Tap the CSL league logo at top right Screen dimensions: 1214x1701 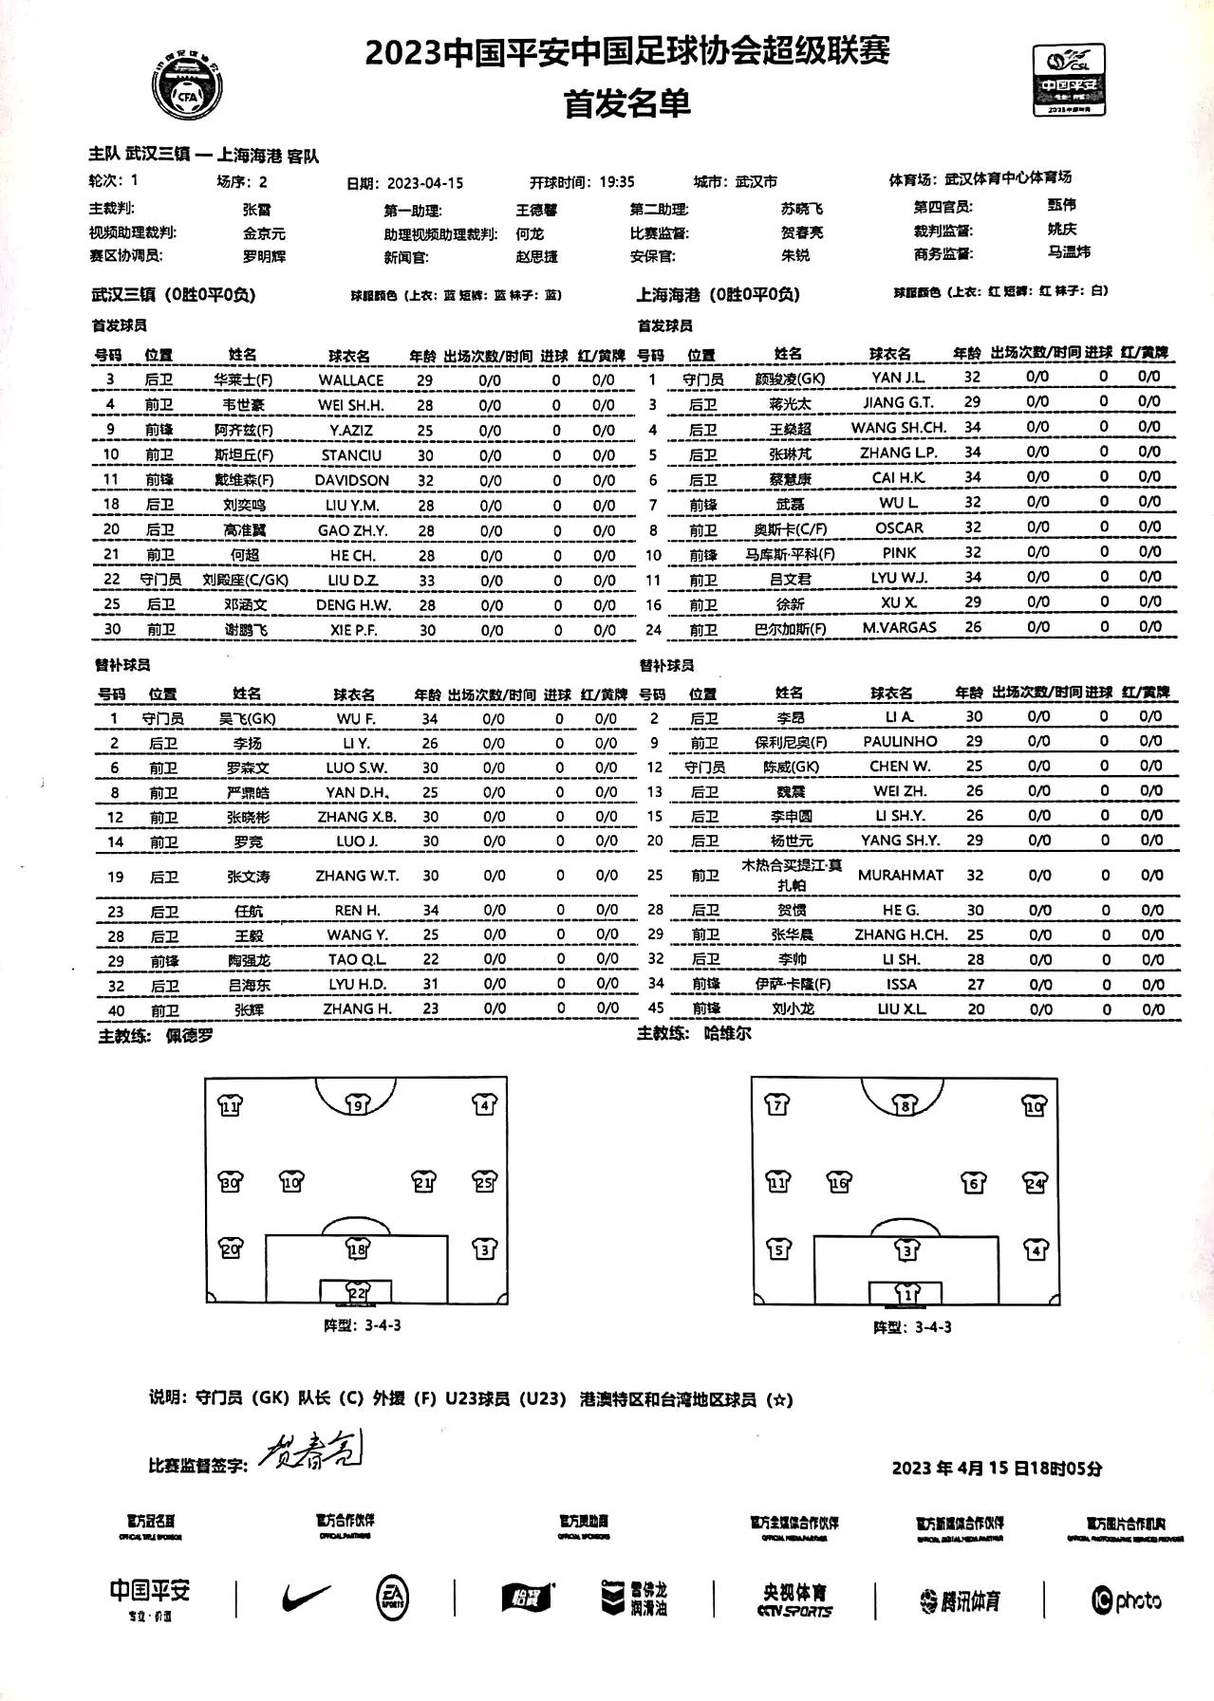(x=1070, y=80)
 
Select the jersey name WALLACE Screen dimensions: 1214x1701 (x=351, y=379)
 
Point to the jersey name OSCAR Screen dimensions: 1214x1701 (x=899, y=527)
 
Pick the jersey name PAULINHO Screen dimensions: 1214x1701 (x=900, y=741)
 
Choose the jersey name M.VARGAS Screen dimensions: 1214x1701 (x=899, y=627)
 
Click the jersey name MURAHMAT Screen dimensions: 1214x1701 (x=900, y=875)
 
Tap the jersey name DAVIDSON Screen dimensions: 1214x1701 (x=351, y=480)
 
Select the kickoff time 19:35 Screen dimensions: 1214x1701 (x=617, y=182)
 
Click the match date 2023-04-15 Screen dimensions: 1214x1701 (x=425, y=183)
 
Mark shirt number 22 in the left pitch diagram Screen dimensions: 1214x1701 (x=357, y=1291)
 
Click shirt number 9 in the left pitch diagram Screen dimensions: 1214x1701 (x=357, y=1104)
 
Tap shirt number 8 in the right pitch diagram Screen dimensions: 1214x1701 (x=906, y=1105)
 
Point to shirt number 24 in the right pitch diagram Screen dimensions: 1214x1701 (x=1035, y=1182)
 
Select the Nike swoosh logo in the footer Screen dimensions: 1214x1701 (x=307, y=1598)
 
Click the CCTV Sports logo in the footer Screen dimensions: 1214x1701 (x=794, y=1599)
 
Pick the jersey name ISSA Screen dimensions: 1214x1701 (x=900, y=985)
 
